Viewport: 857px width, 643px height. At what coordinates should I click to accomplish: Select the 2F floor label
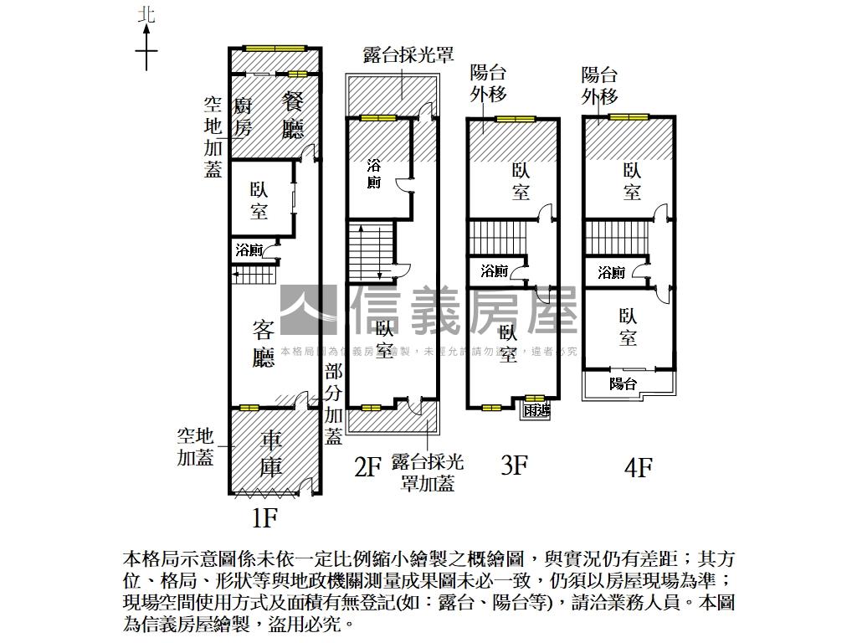click(x=368, y=466)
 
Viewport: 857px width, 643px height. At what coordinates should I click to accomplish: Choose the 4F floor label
click(x=638, y=466)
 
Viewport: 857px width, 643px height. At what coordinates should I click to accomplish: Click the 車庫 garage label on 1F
click(x=270, y=453)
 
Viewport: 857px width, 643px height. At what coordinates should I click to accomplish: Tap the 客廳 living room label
click(x=264, y=344)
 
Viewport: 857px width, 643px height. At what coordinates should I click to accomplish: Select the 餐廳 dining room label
click(x=293, y=116)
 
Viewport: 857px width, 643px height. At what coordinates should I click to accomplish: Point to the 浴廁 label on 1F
click(x=249, y=249)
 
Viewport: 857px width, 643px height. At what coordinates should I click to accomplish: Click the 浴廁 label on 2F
click(x=374, y=173)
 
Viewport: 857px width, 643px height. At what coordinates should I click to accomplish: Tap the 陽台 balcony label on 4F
click(x=623, y=383)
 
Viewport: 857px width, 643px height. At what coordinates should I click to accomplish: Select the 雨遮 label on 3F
click(x=536, y=409)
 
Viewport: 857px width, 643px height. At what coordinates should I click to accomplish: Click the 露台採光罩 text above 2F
click(x=408, y=55)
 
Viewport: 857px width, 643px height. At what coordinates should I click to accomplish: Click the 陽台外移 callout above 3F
click(x=489, y=84)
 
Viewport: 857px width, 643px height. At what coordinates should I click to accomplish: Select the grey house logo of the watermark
click(x=308, y=310)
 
